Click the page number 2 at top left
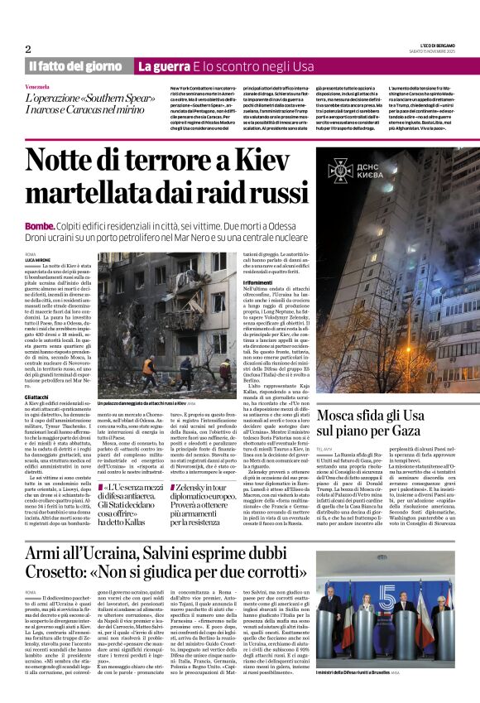[x=28, y=49]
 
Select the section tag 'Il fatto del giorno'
[x=76, y=66]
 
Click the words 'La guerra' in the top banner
[x=167, y=66]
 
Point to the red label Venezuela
[x=37, y=87]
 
